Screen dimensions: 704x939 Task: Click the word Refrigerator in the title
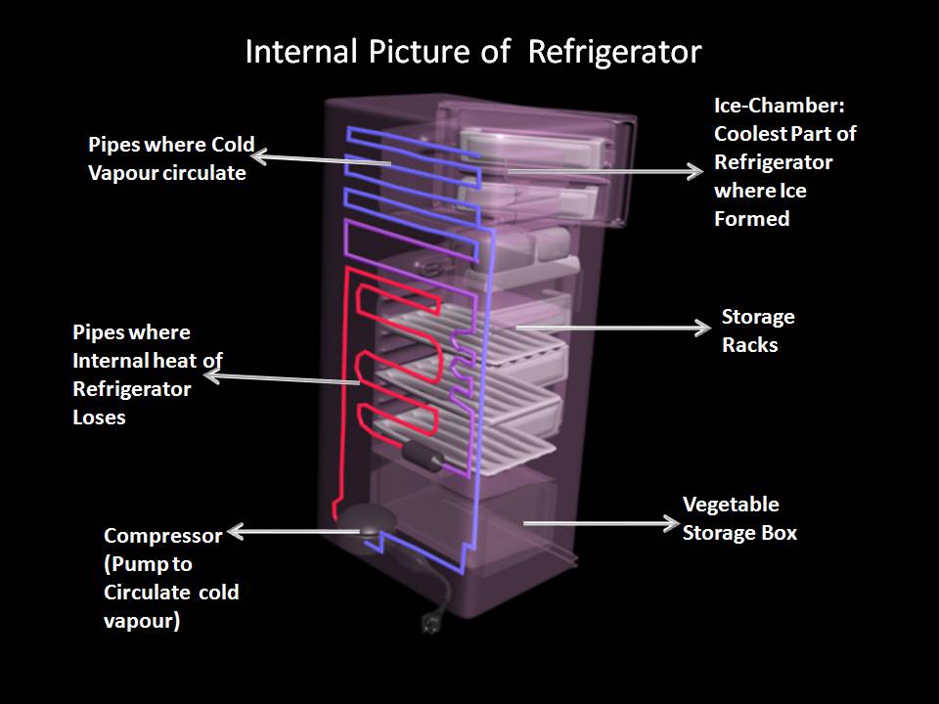(x=614, y=51)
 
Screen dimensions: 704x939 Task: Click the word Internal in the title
(x=294, y=51)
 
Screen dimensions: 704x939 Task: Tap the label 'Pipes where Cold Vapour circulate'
(x=171, y=159)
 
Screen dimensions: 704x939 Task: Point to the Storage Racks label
(x=757, y=330)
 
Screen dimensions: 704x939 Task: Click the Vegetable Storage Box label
(x=739, y=518)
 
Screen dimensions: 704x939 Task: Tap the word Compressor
(x=163, y=536)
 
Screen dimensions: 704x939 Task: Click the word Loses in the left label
(x=100, y=417)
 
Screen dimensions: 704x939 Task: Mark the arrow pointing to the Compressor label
(x=293, y=533)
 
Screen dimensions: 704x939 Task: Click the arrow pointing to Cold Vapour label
(x=323, y=158)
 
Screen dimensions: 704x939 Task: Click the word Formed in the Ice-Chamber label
(x=751, y=219)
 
